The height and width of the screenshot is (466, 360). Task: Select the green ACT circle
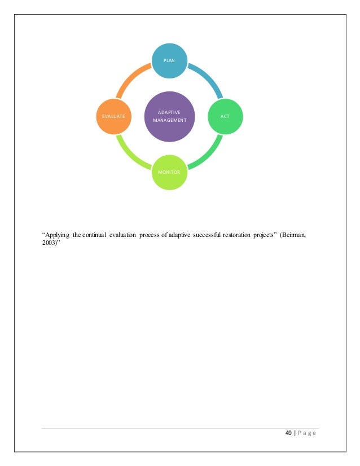[x=225, y=115]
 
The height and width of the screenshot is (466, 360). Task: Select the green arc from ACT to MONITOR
[x=208, y=156]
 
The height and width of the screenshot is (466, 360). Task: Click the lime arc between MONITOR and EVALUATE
[x=130, y=155]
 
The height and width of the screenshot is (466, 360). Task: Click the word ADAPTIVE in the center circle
[x=169, y=112]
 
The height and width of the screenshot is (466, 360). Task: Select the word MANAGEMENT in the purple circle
[x=169, y=120]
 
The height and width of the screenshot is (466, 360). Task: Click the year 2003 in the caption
[x=49, y=243]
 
